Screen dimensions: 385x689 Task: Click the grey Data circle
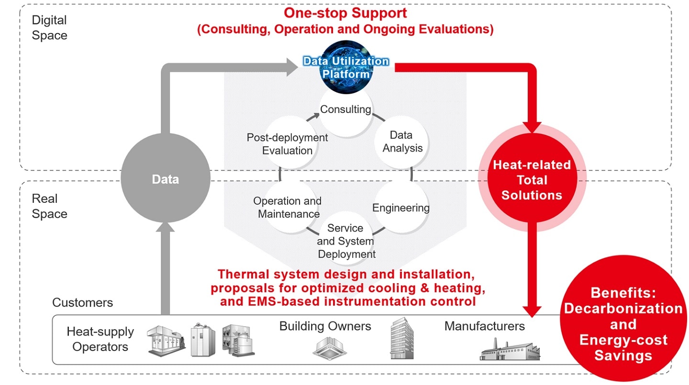165,179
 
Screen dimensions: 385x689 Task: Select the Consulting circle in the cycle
345,110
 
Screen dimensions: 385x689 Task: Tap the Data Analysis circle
402,142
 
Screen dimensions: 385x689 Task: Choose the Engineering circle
401,208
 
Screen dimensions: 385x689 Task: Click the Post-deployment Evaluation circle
288,143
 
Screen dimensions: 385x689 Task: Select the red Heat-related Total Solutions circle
532,180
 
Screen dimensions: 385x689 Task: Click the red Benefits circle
622,324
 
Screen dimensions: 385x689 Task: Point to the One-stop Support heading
345,13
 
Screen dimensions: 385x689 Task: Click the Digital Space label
49,28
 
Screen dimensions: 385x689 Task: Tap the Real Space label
49,206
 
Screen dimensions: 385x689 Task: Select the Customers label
82,302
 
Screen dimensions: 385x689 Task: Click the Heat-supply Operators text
100,339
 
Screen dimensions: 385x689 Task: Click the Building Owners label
325,326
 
